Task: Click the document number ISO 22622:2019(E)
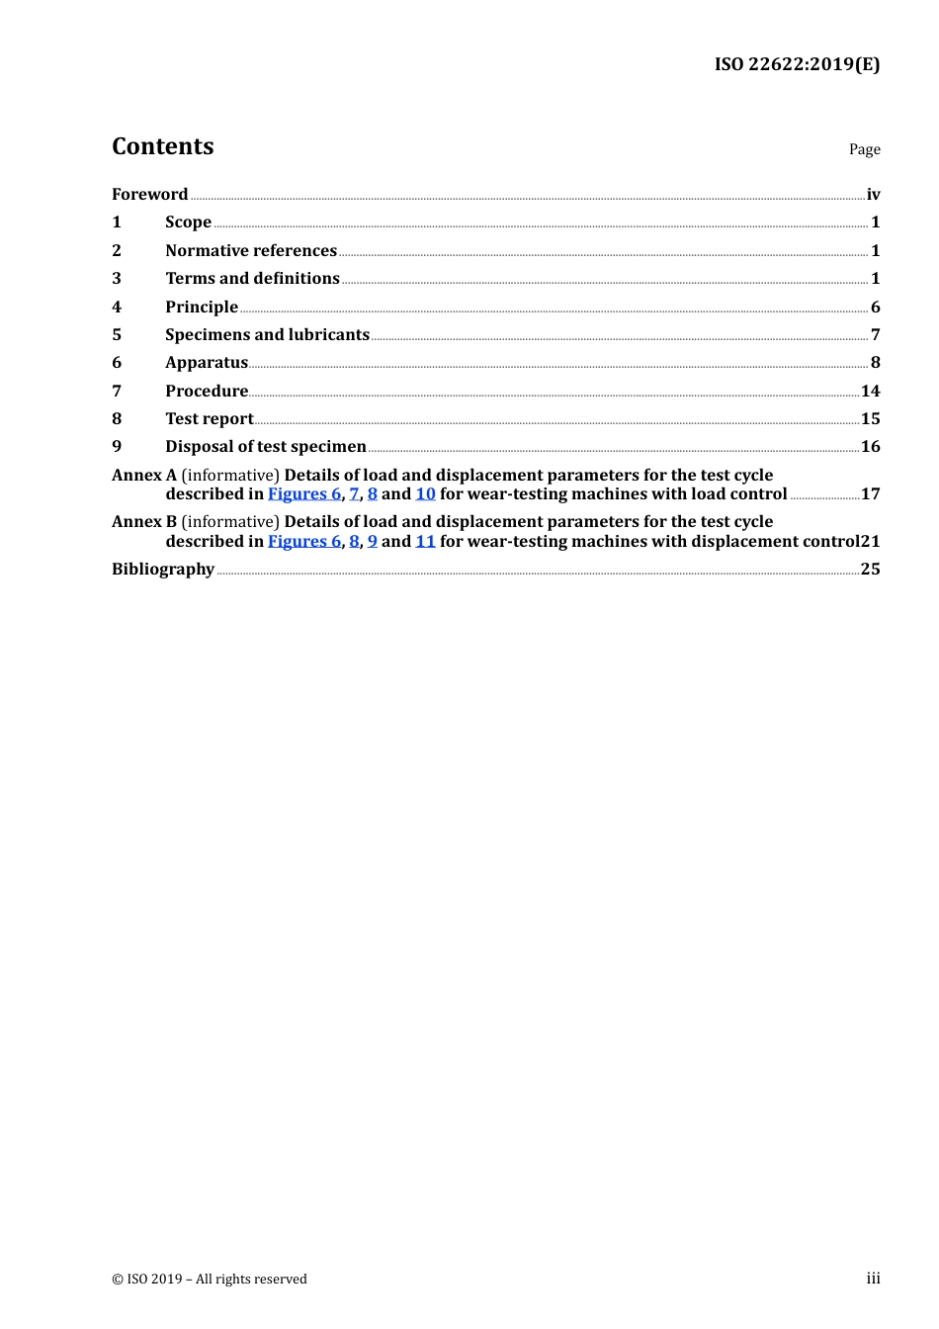797,64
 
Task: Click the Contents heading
162,146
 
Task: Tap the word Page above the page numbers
864,149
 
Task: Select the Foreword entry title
149,194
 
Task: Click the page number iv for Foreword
873,194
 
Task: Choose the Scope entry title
188,221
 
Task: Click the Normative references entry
251,250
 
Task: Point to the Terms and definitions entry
252,278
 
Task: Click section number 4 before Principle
117,307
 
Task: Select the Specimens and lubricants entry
267,334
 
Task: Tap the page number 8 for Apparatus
875,362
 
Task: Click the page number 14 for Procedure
870,391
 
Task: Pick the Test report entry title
210,418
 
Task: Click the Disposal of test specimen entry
266,446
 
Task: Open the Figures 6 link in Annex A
304,493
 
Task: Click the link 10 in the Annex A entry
425,493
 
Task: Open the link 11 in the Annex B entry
425,541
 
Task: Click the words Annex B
144,521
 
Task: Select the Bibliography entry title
163,569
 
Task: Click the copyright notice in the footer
210,1279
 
